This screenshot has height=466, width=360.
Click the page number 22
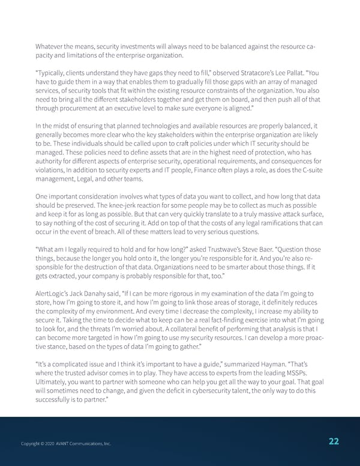(334, 441)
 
